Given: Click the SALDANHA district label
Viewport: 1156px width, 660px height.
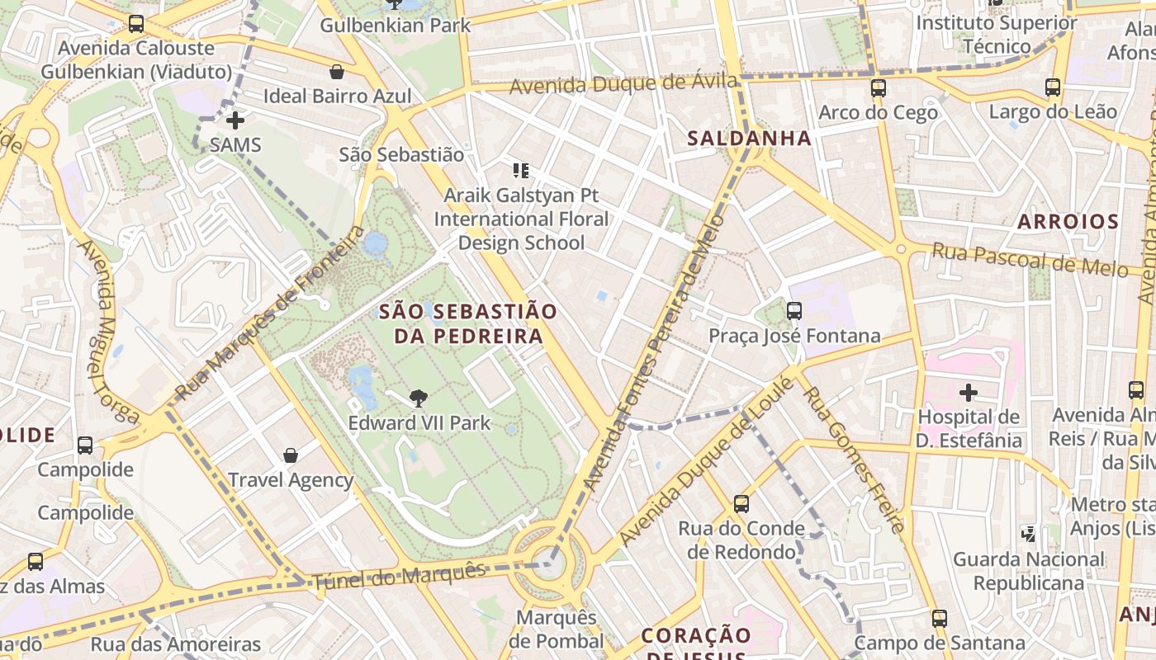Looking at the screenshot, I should coord(750,139).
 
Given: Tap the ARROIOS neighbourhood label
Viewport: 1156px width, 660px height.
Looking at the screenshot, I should coord(1068,221).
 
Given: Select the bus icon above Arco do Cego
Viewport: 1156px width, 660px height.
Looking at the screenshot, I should coord(879,87).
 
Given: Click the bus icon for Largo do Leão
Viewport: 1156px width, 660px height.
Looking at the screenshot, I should coord(1053,87).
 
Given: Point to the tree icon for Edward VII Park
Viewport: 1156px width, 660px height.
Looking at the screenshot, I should coord(419,398).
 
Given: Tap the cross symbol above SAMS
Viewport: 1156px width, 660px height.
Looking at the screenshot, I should coord(235,120).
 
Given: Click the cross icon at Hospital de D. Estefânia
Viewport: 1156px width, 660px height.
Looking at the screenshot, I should coord(969,392).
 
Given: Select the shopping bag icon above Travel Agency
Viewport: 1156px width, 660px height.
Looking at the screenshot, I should coord(291,455).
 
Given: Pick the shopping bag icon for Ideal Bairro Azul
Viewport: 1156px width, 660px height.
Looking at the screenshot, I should coord(336,72).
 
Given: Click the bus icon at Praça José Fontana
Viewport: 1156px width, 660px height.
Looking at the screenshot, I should coord(794,311).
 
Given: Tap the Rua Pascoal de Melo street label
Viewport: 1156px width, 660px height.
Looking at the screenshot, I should coord(1030,259).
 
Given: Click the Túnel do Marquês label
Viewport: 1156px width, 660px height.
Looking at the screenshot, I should coord(399,576).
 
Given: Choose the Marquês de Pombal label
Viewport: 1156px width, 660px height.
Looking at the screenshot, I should coord(557,629).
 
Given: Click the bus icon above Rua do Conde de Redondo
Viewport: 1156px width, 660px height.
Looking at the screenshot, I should coord(741,503).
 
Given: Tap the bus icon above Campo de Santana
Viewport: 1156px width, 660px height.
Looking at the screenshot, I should coord(939,618).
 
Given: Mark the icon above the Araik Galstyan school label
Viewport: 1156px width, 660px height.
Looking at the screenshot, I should coord(520,171).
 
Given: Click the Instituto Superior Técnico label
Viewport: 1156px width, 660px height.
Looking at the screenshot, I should coord(996,34).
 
